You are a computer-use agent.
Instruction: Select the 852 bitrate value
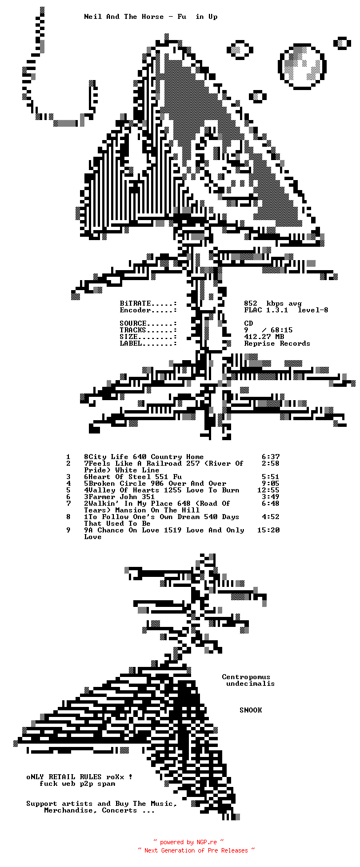pyautogui.click(x=251, y=303)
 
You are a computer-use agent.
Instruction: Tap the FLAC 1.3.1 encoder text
pyautogui.click(x=266, y=310)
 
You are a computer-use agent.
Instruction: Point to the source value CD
pyautogui.click(x=248, y=323)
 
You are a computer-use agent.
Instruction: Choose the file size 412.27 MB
pyautogui.click(x=264, y=337)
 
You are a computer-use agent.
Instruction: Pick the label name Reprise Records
pyautogui.click(x=277, y=343)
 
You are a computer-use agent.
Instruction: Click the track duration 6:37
pyautogui.click(x=271, y=457)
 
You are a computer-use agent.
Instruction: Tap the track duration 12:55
pyautogui.click(x=268, y=490)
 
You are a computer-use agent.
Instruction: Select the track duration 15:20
pyautogui.click(x=268, y=530)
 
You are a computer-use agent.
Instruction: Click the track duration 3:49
pyautogui.click(x=271, y=497)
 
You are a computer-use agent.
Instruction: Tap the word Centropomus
pyautogui.click(x=246, y=677)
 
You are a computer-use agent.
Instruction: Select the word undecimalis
pyautogui.click(x=251, y=684)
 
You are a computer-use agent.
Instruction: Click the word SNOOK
pyautogui.click(x=251, y=710)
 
